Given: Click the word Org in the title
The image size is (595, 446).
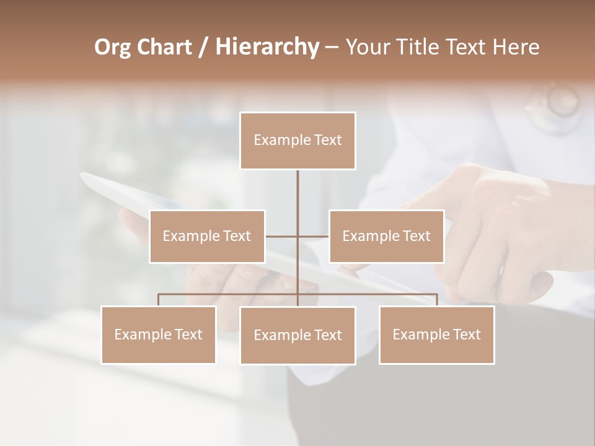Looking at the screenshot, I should (112, 47).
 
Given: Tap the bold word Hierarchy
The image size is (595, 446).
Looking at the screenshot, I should (267, 47).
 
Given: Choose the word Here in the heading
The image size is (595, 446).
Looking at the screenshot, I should (516, 47).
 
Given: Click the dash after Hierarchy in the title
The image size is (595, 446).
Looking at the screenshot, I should (332, 48).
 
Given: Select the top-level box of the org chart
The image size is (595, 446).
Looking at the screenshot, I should (297, 141).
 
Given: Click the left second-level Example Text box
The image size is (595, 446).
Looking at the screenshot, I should (207, 236).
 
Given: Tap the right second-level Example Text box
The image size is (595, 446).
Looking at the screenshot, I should (386, 236).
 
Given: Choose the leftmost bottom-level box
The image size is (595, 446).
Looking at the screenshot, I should (158, 335).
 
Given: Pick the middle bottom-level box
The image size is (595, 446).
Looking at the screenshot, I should (297, 336).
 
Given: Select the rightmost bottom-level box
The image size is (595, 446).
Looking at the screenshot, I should (436, 335).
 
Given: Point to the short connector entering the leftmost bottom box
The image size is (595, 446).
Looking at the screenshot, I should (158, 300).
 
